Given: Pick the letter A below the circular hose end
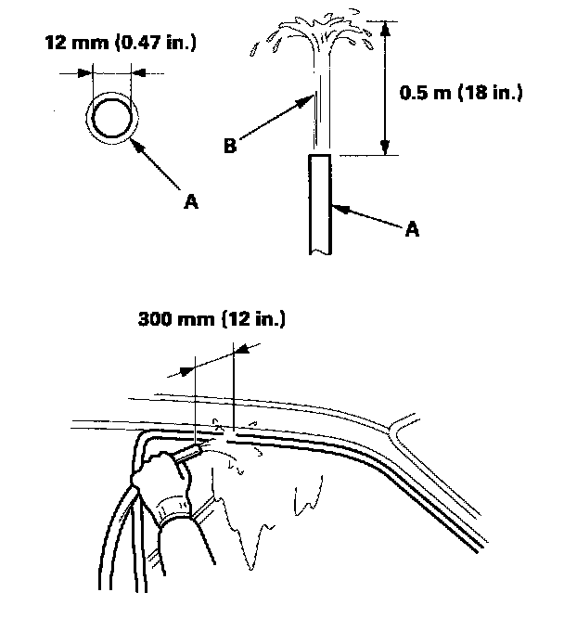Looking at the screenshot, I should [x=191, y=200].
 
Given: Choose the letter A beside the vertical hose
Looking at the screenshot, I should [x=413, y=227].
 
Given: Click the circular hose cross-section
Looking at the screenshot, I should [x=112, y=117].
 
